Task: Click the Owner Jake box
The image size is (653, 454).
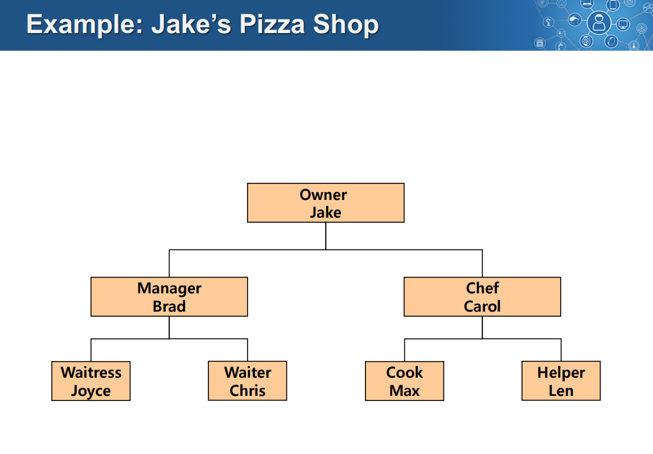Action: (326, 203)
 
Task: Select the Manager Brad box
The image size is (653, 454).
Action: (169, 297)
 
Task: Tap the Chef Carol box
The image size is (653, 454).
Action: (482, 297)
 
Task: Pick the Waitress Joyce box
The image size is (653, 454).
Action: (91, 381)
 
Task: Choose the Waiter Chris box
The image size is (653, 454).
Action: (248, 381)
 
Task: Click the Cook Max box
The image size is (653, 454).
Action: (404, 381)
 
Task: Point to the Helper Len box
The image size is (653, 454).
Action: (561, 381)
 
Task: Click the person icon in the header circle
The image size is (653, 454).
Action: (598, 23)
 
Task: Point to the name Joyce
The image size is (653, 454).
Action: (91, 391)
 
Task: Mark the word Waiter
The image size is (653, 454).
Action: (248, 373)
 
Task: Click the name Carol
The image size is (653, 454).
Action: (482, 306)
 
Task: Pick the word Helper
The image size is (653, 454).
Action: (561, 373)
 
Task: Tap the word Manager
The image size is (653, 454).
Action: (169, 288)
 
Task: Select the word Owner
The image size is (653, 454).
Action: (323, 195)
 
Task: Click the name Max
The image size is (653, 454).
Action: (404, 391)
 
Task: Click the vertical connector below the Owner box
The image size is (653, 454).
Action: (326, 236)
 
